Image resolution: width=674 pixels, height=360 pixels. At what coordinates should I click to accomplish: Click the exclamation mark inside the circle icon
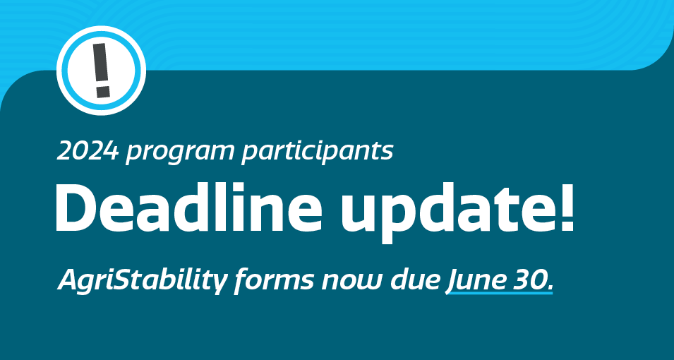tap(101, 70)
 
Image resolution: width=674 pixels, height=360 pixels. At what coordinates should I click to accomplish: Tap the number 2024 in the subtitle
tap(88, 151)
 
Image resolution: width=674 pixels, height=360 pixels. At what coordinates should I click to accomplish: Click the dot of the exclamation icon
tap(103, 92)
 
